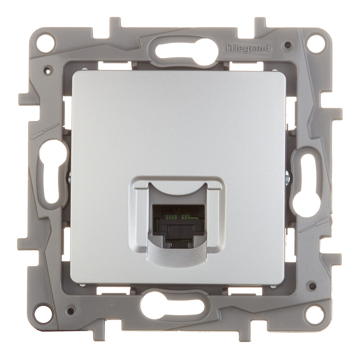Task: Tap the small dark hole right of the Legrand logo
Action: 288,45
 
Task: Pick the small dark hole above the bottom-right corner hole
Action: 312,287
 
